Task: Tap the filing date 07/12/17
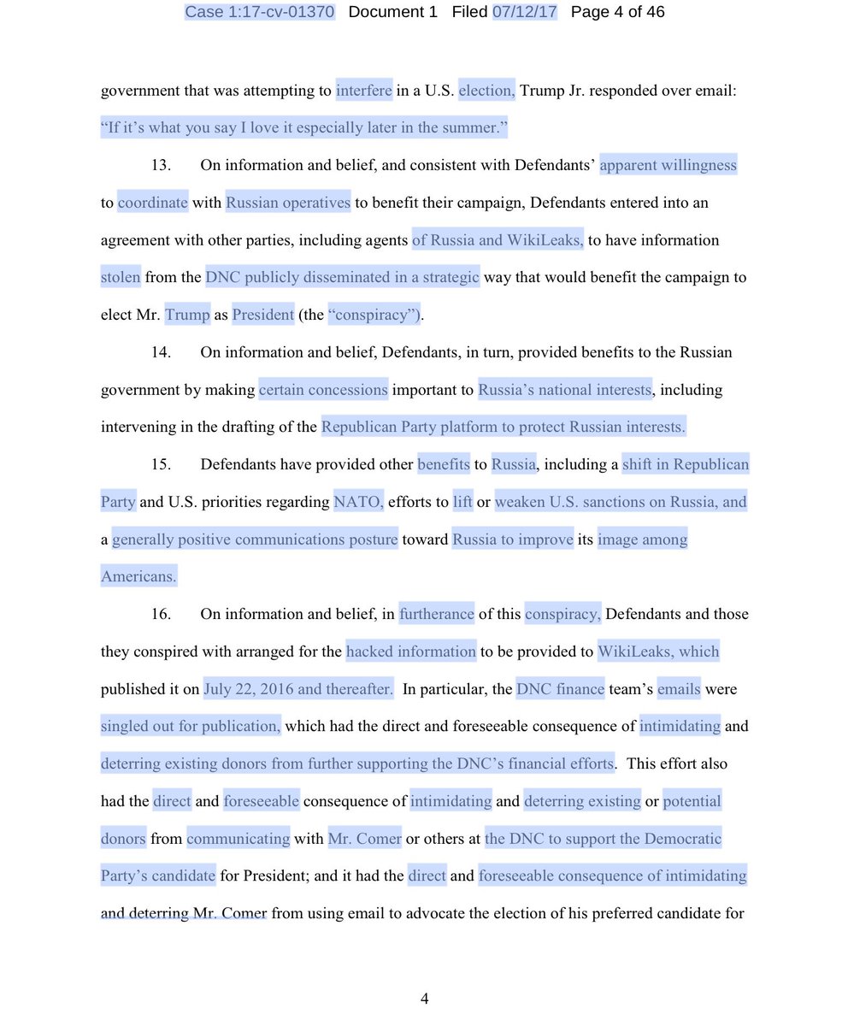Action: click(525, 12)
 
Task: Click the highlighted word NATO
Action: click(359, 502)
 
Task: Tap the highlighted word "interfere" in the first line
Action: click(364, 90)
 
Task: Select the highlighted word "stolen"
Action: click(121, 277)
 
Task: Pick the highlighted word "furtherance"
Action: click(436, 614)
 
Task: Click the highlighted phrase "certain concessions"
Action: click(323, 390)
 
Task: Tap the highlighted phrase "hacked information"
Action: click(411, 652)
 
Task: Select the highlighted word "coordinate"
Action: click(153, 203)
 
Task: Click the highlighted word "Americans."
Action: click(138, 577)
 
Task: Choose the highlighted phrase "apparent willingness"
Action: click(668, 165)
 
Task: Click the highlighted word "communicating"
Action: click(238, 839)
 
